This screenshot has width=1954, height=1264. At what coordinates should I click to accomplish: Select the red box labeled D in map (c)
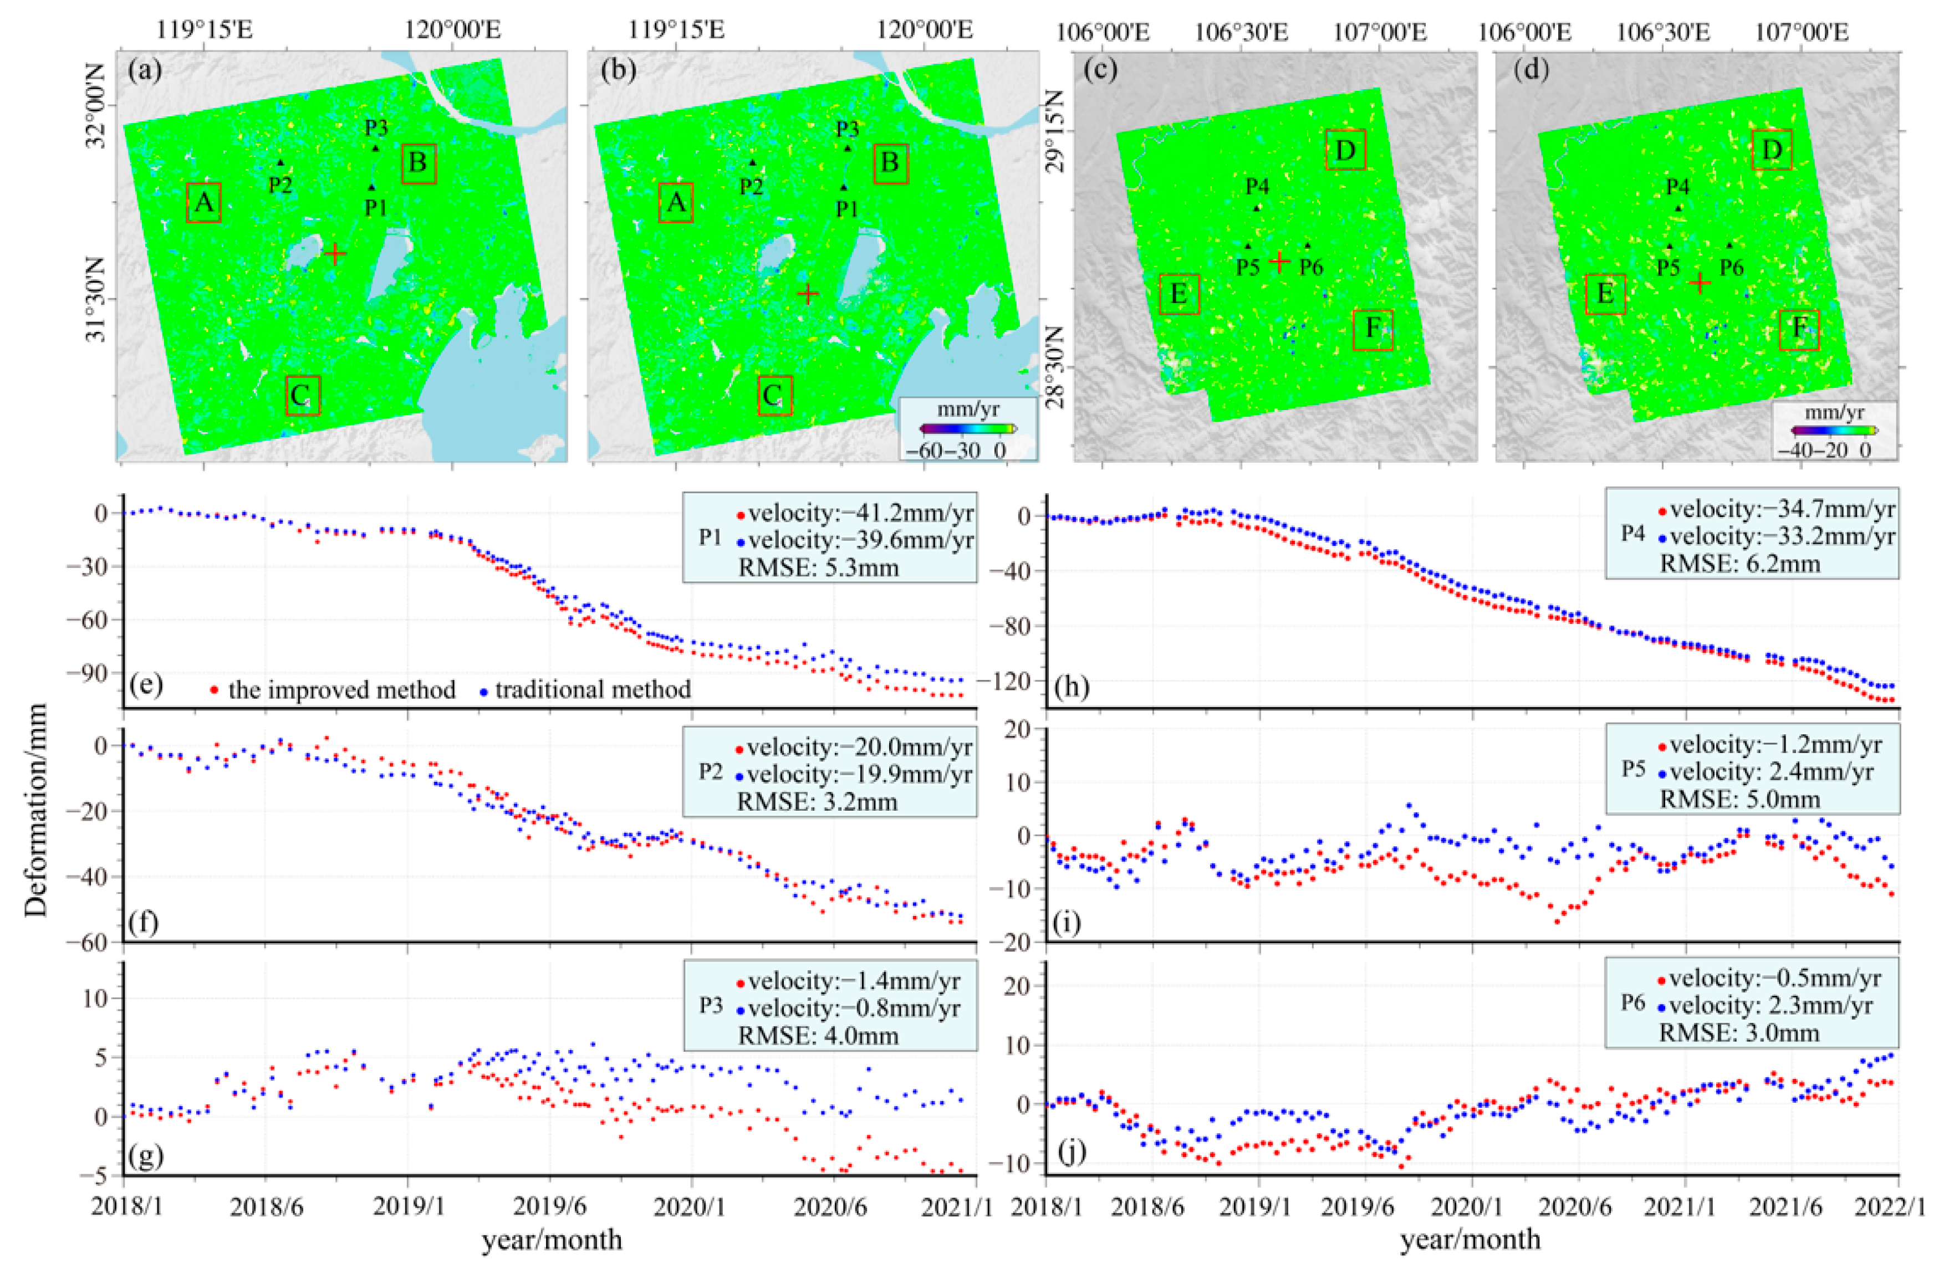click(x=1345, y=150)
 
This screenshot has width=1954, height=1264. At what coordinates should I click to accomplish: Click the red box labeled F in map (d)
click(x=1799, y=329)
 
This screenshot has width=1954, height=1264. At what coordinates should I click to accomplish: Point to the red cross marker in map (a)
click(x=335, y=254)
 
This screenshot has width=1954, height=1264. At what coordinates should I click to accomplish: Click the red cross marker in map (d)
click(x=1700, y=283)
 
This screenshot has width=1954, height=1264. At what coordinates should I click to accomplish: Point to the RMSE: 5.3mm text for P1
click(x=819, y=567)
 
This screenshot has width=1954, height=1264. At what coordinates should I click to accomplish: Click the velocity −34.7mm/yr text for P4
click(x=1782, y=509)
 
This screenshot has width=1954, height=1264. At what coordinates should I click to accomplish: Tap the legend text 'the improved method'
click(x=341, y=689)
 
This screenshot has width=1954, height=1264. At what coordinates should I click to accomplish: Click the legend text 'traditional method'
click(x=593, y=689)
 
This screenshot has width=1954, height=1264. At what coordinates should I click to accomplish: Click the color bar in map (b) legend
click(x=968, y=428)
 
